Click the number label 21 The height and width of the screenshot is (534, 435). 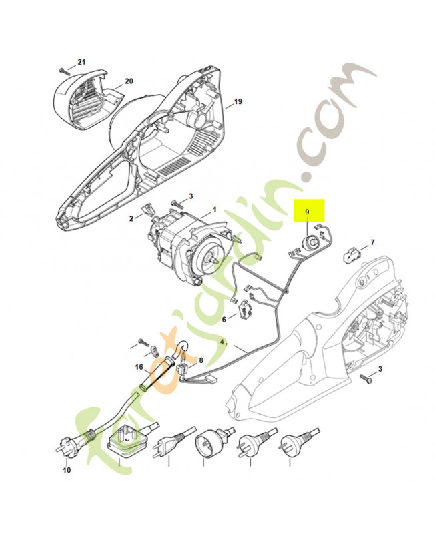click(82, 62)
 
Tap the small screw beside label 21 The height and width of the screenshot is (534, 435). click(63, 69)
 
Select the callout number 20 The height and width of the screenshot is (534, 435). click(129, 81)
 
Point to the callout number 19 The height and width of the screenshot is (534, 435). click(237, 103)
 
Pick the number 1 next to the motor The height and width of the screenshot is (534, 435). click(214, 210)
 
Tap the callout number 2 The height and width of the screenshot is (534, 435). click(132, 218)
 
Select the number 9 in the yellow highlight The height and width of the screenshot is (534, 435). click(307, 212)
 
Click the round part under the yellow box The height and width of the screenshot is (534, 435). click(310, 243)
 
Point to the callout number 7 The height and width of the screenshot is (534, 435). click(372, 242)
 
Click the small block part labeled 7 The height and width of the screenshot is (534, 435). click(350, 255)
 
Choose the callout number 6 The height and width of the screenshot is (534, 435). click(224, 319)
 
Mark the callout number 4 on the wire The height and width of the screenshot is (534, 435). click(222, 342)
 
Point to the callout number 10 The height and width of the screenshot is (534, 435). click(66, 471)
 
